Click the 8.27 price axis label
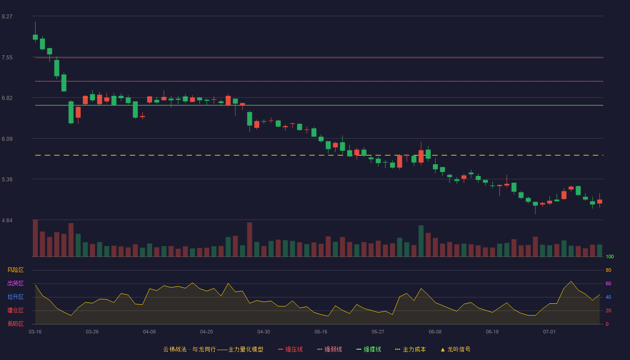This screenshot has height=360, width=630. pos(7,17)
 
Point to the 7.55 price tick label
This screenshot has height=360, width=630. pos(7,58)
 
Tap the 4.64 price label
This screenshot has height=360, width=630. pos(7,220)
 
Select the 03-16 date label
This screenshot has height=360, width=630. pos(35,332)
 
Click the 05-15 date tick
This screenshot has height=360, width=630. pos(321,332)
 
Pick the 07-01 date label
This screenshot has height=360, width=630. pos(549,332)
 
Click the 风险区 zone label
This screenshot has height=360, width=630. pos(15,270)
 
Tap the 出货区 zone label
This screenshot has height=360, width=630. pos(15,283)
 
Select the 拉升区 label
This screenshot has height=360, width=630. pos(15,297)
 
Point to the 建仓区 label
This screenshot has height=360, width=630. pos(15,310)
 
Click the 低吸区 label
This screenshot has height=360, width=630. pos(15,324)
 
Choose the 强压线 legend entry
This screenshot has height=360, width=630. pos(291,349)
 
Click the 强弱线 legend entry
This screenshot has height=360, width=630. pos(329,349)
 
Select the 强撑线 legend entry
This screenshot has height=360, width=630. pos(369,349)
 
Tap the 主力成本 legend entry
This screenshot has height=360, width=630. pos(410,349)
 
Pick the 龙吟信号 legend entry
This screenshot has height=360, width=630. pos(455,349)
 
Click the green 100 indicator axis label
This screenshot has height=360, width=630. pos(610,256)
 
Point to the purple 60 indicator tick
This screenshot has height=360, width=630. pos(608,283)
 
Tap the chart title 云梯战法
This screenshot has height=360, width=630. pos(175,349)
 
